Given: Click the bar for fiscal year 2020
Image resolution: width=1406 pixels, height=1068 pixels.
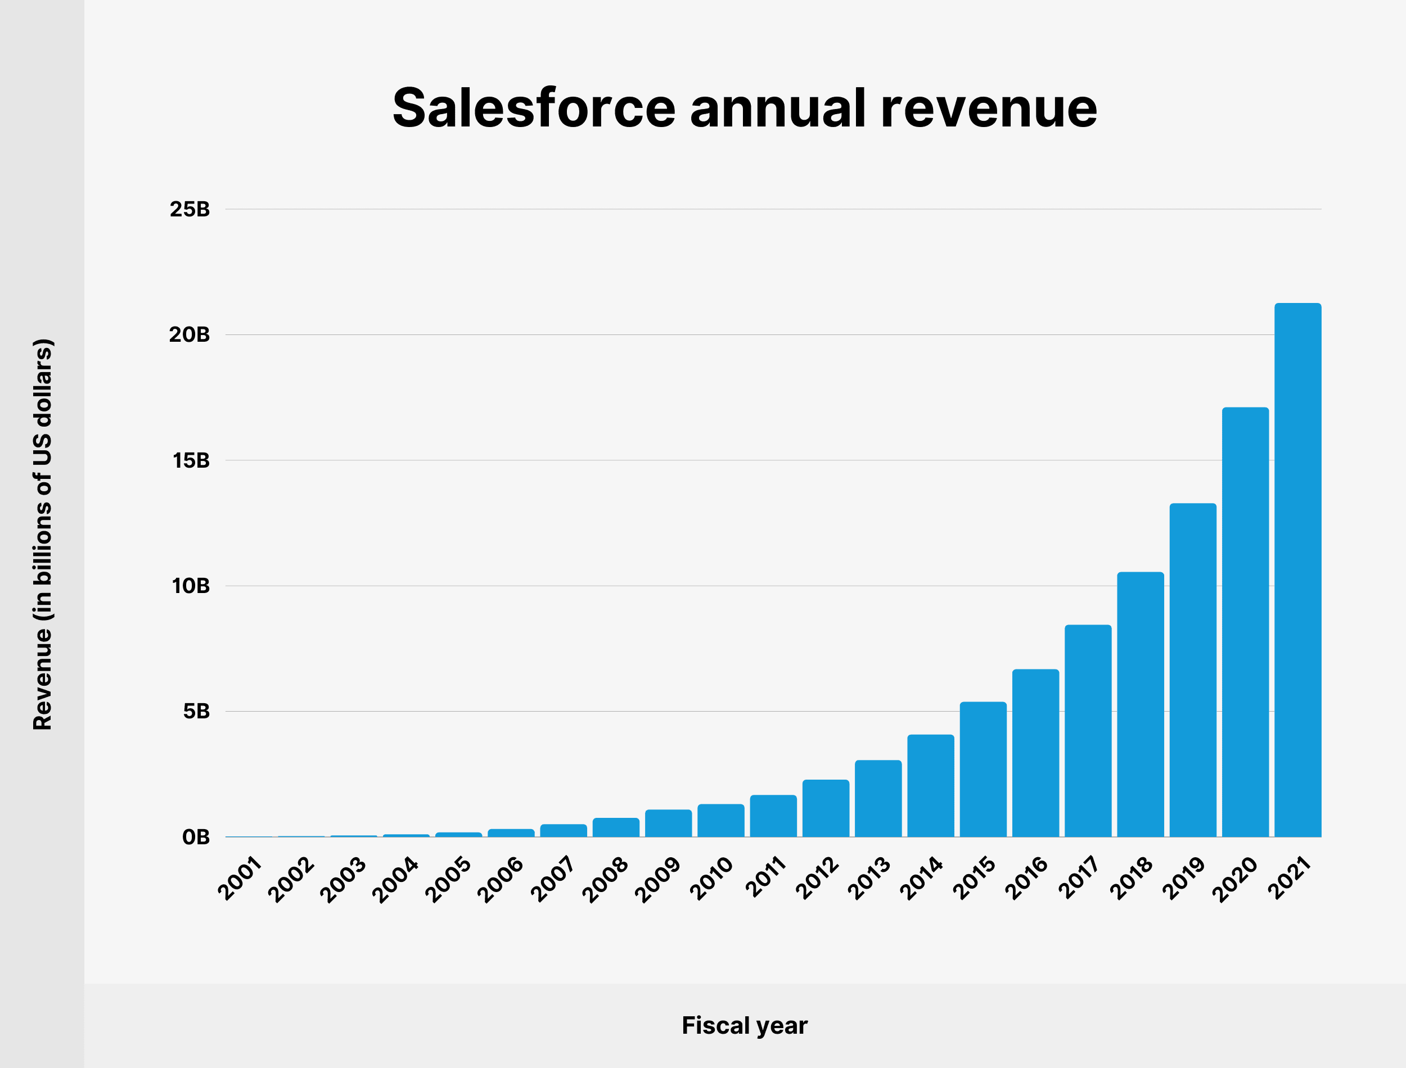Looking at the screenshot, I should [1245, 622].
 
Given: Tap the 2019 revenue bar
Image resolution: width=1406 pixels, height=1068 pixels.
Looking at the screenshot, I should [1193, 670].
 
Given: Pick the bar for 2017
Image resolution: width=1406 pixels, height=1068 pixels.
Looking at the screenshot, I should [1088, 731].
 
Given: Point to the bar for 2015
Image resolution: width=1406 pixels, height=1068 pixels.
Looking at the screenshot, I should [983, 769].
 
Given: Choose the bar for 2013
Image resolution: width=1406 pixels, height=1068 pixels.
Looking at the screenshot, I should [878, 798].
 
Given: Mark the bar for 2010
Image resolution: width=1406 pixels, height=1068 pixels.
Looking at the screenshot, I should [720, 821].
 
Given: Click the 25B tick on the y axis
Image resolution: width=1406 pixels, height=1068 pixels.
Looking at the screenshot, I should [190, 209].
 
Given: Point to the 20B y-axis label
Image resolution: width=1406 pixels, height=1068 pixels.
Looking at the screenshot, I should [190, 334].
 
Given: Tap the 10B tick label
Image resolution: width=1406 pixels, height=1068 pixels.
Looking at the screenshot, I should [190, 586].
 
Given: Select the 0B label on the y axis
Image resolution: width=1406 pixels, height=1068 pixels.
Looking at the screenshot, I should [196, 837].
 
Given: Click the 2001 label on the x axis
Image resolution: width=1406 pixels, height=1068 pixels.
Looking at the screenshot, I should [240, 879].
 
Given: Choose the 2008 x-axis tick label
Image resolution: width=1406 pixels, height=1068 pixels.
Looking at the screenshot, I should [605, 880].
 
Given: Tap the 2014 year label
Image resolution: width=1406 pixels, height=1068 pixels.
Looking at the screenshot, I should [921, 879].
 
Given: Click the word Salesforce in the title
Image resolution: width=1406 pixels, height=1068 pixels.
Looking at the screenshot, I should [534, 108].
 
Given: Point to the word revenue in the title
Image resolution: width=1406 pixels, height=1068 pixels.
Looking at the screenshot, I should [989, 108].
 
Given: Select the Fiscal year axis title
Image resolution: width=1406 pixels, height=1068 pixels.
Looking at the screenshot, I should [745, 1025].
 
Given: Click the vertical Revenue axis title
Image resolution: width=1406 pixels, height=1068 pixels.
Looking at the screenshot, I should [43, 534].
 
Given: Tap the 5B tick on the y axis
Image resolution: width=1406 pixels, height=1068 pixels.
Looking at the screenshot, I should [196, 712].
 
